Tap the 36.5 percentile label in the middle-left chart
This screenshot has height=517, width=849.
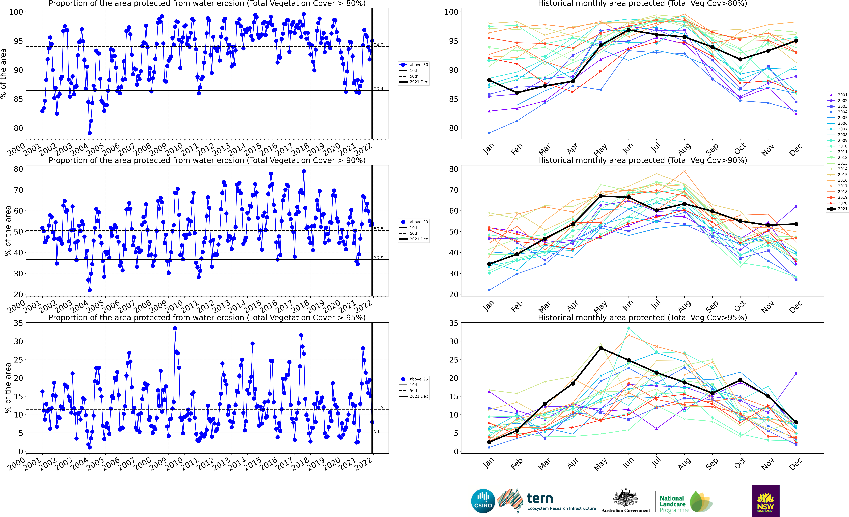(378, 258)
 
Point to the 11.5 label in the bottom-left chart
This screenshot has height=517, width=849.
(378, 408)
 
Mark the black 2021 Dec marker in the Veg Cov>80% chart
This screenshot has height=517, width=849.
(796, 41)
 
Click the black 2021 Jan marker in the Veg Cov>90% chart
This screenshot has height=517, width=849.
(489, 264)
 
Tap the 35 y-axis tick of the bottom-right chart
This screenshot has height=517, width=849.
(453, 323)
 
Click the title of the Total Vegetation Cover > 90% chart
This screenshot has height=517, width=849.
(207, 160)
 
